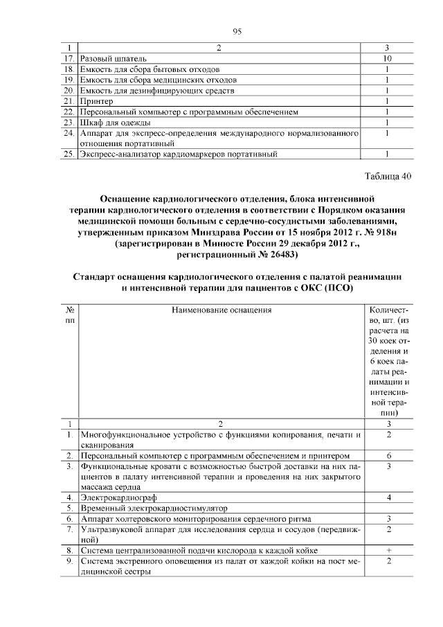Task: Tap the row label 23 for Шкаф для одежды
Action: coord(68,122)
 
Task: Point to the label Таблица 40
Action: coord(388,175)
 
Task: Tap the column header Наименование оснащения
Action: coord(221,311)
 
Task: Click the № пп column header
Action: coord(69,317)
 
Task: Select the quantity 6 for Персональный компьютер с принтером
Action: coord(389,456)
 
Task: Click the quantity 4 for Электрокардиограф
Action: coord(389,497)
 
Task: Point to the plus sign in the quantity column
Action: coord(389,550)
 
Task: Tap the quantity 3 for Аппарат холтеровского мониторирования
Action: coord(389,518)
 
